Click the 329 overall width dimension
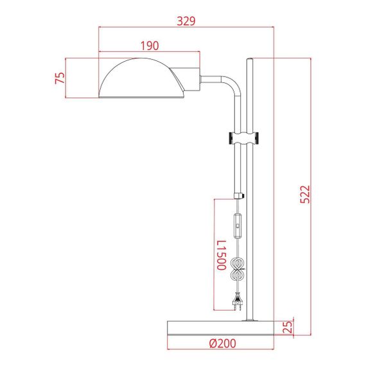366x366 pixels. click(x=186, y=21)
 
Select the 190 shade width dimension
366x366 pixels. click(x=148, y=46)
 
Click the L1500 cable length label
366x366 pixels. click(x=220, y=255)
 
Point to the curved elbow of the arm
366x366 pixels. click(x=231, y=83)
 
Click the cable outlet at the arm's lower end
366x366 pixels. click(x=240, y=196)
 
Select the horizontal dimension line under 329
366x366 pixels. click(x=186, y=27)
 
